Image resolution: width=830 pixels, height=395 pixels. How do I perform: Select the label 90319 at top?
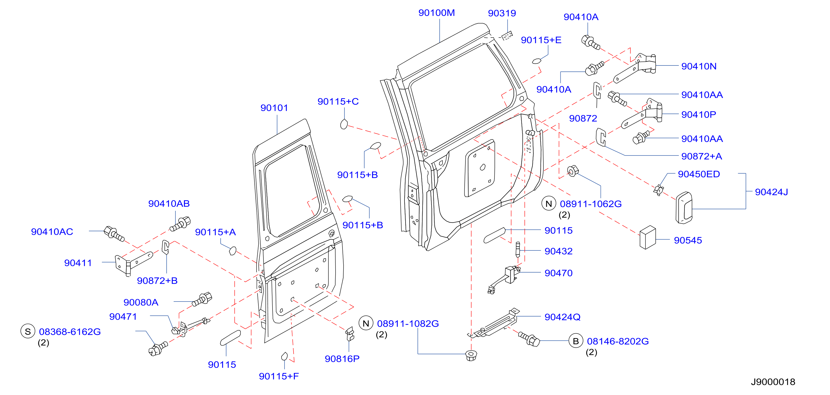point(502,13)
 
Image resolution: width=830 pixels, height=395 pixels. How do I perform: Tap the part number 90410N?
point(699,66)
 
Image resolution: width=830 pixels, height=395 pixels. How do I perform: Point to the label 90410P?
point(699,115)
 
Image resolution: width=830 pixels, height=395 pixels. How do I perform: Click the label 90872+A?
point(701,156)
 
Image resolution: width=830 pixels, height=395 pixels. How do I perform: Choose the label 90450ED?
point(699,174)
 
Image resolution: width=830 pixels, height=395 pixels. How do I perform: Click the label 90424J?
point(771,192)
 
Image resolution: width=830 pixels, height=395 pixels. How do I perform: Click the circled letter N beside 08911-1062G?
point(549,204)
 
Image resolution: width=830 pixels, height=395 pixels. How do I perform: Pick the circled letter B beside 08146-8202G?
point(576,341)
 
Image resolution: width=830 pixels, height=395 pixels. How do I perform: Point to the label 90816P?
point(342,359)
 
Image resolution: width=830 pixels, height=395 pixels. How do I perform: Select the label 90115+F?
point(279,376)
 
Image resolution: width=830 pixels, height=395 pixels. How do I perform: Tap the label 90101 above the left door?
point(274,108)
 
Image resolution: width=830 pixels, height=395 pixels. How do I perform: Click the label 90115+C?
point(338,101)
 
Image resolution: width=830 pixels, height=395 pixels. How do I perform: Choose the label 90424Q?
point(562,317)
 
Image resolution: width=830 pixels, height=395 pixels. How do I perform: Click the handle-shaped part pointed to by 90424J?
point(684,208)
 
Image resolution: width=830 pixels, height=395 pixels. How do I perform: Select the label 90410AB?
point(169,204)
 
